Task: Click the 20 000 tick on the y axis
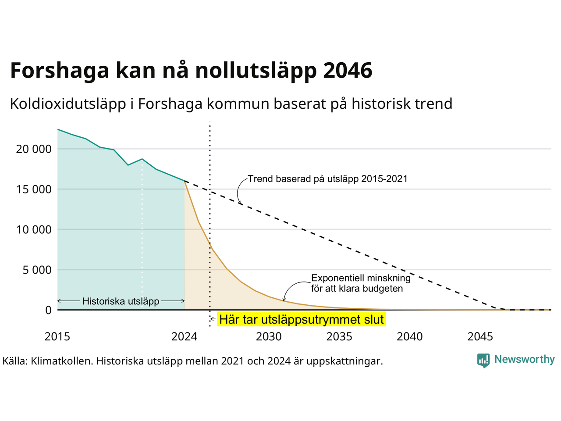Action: (x=34, y=149)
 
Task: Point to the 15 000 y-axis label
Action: (x=34, y=189)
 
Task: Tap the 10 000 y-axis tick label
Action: (x=34, y=229)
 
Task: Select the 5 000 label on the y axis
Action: (x=37, y=270)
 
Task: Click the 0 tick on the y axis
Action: (x=49, y=310)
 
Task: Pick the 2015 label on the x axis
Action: (x=57, y=337)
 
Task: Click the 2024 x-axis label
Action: (x=184, y=337)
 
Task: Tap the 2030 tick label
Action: (x=269, y=337)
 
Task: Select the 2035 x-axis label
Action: (x=339, y=337)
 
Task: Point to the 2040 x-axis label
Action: (x=410, y=337)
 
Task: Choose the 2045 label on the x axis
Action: (x=480, y=337)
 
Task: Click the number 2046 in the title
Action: (x=348, y=70)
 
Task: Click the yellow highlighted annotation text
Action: (x=302, y=320)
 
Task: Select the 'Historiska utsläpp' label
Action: (x=121, y=301)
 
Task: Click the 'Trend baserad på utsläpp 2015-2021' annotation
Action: (x=328, y=179)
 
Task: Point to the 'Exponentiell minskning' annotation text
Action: (x=361, y=278)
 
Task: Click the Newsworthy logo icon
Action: (x=483, y=360)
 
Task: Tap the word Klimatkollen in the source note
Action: (x=61, y=361)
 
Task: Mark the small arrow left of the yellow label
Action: (x=213, y=319)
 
